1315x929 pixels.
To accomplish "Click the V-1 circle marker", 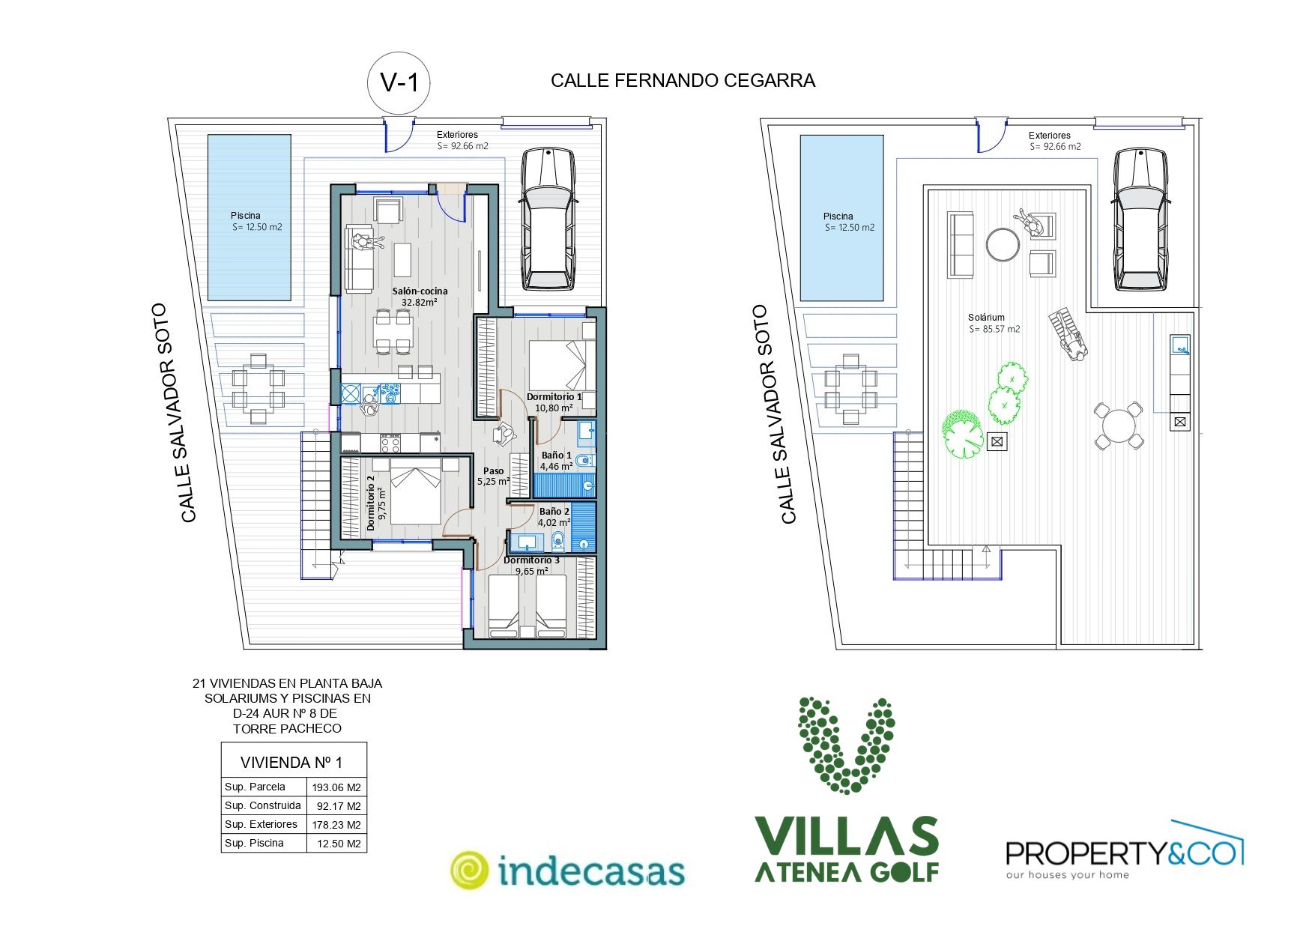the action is pyautogui.click(x=399, y=83).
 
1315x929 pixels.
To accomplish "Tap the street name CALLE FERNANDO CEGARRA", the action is pyautogui.click(x=683, y=81).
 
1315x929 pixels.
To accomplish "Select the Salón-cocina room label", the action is pyautogui.click(x=420, y=291).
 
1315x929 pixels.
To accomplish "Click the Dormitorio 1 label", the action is pyautogui.click(x=554, y=396).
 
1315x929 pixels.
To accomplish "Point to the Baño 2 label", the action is pyautogui.click(x=554, y=511).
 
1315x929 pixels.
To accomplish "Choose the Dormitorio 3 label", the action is pyautogui.click(x=531, y=560).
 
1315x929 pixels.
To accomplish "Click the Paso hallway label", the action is pyautogui.click(x=493, y=470).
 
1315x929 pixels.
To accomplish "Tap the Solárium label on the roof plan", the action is pyautogui.click(x=986, y=318).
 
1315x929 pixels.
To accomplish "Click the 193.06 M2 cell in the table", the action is pyautogui.click(x=336, y=787).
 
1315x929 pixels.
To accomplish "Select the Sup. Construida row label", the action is pyautogui.click(x=262, y=805).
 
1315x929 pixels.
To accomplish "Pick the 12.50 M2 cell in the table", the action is pyautogui.click(x=339, y=844).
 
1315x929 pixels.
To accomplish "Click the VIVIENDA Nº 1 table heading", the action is pyautogui.click(x=291, y=763).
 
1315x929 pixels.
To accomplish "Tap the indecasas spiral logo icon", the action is pyautogui.click(x=469, y=871).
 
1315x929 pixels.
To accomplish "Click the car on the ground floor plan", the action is pyautogui.click(x=548, y=218).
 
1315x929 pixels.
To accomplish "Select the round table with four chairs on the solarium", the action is pyautogui.click(x=1118, y=426).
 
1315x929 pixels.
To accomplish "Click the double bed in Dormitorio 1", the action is pyautogui.click(x=562, y=365).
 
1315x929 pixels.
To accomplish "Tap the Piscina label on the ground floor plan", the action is pyautogui.click(x=245, y=216).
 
